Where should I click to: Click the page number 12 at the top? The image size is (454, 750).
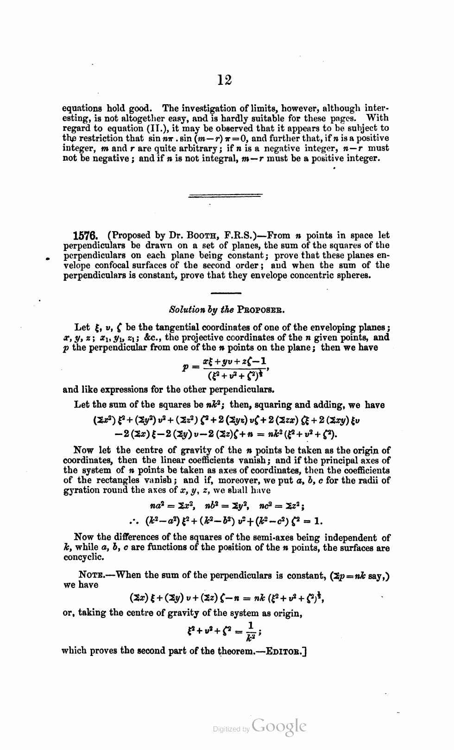(x=225, y=80)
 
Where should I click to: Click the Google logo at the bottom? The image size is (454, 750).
(x=279, y=727)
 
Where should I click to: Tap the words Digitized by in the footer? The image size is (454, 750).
(x=231, y=729)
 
